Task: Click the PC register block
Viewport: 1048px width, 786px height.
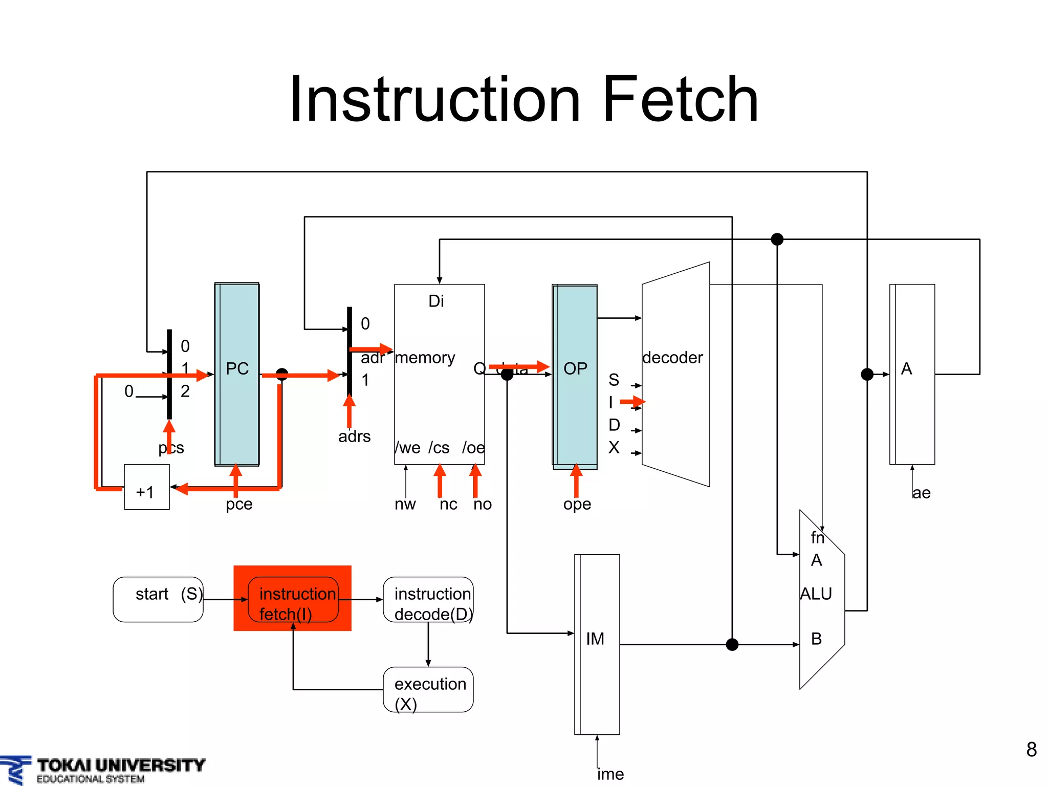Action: [237, 374]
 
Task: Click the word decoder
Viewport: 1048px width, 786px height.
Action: [672, 357]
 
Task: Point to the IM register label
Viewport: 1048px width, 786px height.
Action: [595, 639]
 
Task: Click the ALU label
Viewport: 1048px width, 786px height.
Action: [816, 594]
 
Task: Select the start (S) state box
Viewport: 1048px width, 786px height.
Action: [158, 599]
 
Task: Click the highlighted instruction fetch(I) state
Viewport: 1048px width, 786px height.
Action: [293, 599]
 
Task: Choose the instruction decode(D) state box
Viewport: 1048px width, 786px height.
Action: [428, 599]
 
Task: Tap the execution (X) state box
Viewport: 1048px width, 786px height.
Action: [428, 689]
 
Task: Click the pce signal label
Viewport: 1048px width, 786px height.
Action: [239, 504]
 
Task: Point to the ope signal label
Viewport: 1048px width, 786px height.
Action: [577, 504]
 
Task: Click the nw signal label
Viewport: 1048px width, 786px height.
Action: [405, 504]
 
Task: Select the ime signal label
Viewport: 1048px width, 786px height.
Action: [610, 774]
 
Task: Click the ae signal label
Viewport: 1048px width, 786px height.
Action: [921, 493]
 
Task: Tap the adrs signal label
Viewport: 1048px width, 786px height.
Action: [354, 436]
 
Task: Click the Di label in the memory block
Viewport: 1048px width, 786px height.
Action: [436, 301]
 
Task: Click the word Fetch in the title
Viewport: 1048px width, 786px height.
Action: [680, 100]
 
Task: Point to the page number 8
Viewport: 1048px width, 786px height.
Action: [1031, 750]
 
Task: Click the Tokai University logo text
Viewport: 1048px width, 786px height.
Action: [121, 766]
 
